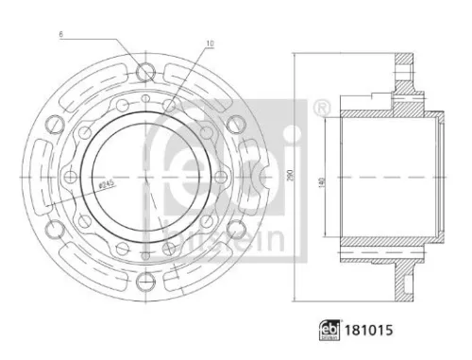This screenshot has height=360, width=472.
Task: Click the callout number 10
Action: [x=210, y=43]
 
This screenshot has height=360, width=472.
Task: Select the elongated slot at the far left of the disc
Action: [x=41, y=176]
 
